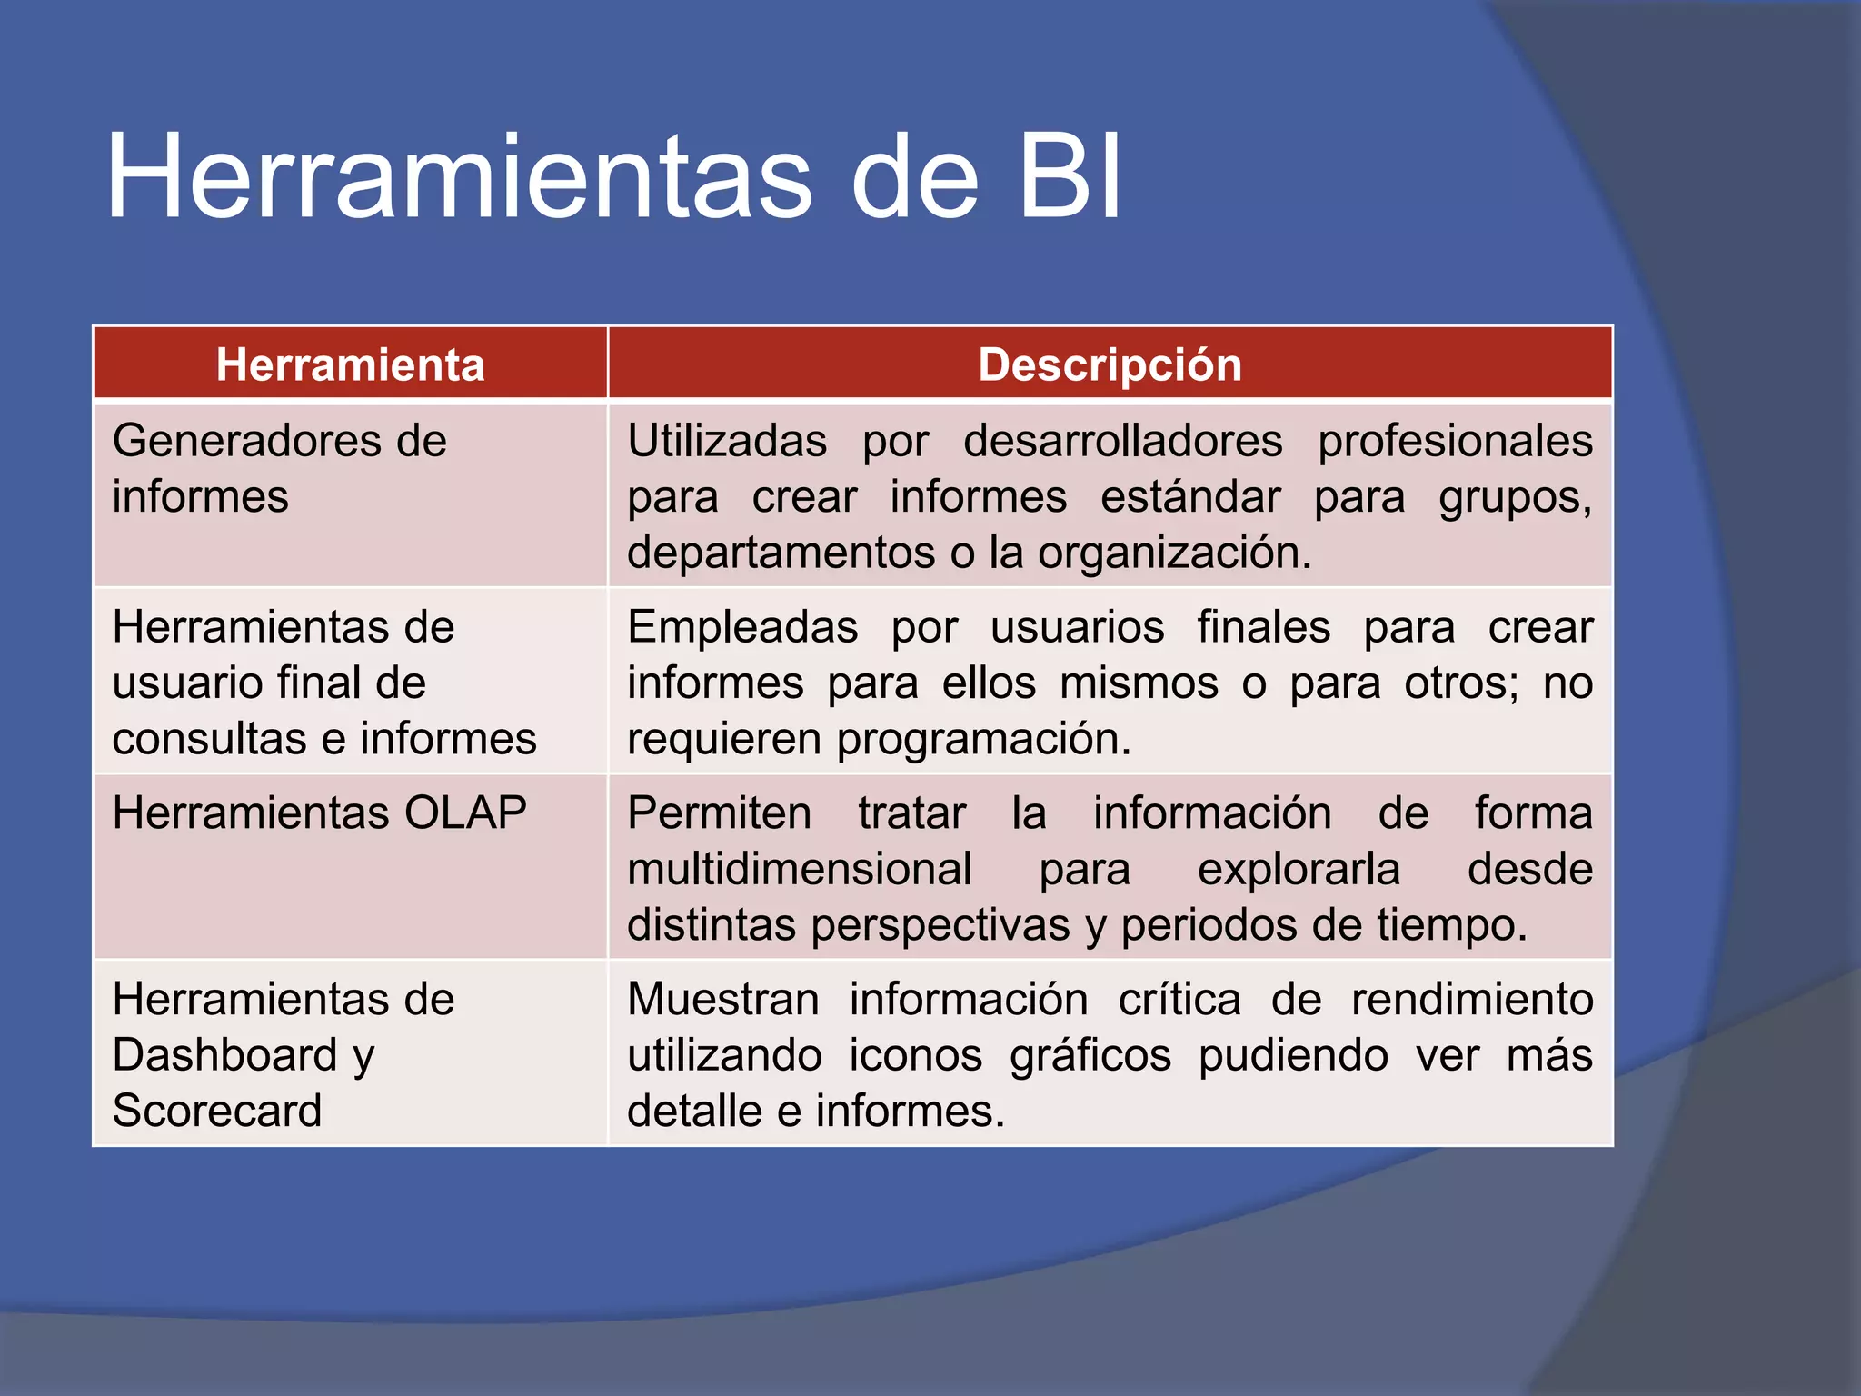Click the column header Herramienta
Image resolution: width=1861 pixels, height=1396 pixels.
click(350, 364)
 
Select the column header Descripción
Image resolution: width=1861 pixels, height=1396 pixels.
click(1110, 364)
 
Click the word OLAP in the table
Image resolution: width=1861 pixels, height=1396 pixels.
click(465, 813)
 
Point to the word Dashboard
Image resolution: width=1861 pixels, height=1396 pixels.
click(225, 1055)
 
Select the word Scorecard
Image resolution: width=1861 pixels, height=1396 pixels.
click(217, 1111)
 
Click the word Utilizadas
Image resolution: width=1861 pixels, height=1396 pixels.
click(727, 441)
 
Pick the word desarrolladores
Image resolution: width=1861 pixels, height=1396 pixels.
click(1122, 441)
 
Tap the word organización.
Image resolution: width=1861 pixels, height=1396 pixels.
click(1174, 553)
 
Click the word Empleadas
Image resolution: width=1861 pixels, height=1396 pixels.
click(742, 627)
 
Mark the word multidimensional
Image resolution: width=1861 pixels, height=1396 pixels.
click(800, 869)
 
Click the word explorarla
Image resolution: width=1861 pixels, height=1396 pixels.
click(1299, 869)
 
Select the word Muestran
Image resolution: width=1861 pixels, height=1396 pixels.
click(723, 1000)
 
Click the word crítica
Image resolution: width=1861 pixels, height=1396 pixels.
click(1179, 1000)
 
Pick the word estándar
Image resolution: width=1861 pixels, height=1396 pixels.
click(1190, 497)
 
